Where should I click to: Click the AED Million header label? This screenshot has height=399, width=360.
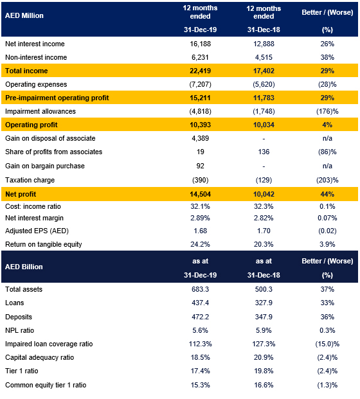coord(24,15)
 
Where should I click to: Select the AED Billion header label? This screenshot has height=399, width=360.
coord(24,267)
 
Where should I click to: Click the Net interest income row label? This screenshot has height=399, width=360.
coord(35,44)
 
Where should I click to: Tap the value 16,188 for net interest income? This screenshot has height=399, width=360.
coord(200,44)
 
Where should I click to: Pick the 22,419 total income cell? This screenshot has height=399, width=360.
coord(200,71)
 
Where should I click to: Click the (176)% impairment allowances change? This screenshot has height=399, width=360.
coord(327,111)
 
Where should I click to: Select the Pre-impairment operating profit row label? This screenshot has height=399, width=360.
coord(57,98)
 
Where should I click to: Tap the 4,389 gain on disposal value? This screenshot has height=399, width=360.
coord(200,138)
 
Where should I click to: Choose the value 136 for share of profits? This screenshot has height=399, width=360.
coord(264,152)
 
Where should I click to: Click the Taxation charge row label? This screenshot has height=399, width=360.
coord(30,180)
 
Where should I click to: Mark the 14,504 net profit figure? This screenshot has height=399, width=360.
coord(200,195)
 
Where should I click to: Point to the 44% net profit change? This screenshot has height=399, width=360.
coord(327,195)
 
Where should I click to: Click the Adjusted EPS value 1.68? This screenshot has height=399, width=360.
coord(200,231)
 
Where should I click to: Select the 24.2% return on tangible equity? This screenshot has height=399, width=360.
coord(200,244)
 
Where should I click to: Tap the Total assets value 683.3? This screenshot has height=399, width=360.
coord(200,289)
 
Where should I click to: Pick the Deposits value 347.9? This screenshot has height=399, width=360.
coord(264,317)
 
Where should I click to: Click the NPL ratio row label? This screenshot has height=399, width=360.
coord(19,330)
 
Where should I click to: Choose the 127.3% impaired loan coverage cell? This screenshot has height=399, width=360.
coord(264,344)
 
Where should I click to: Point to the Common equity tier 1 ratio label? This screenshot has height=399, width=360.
coord(46,385)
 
